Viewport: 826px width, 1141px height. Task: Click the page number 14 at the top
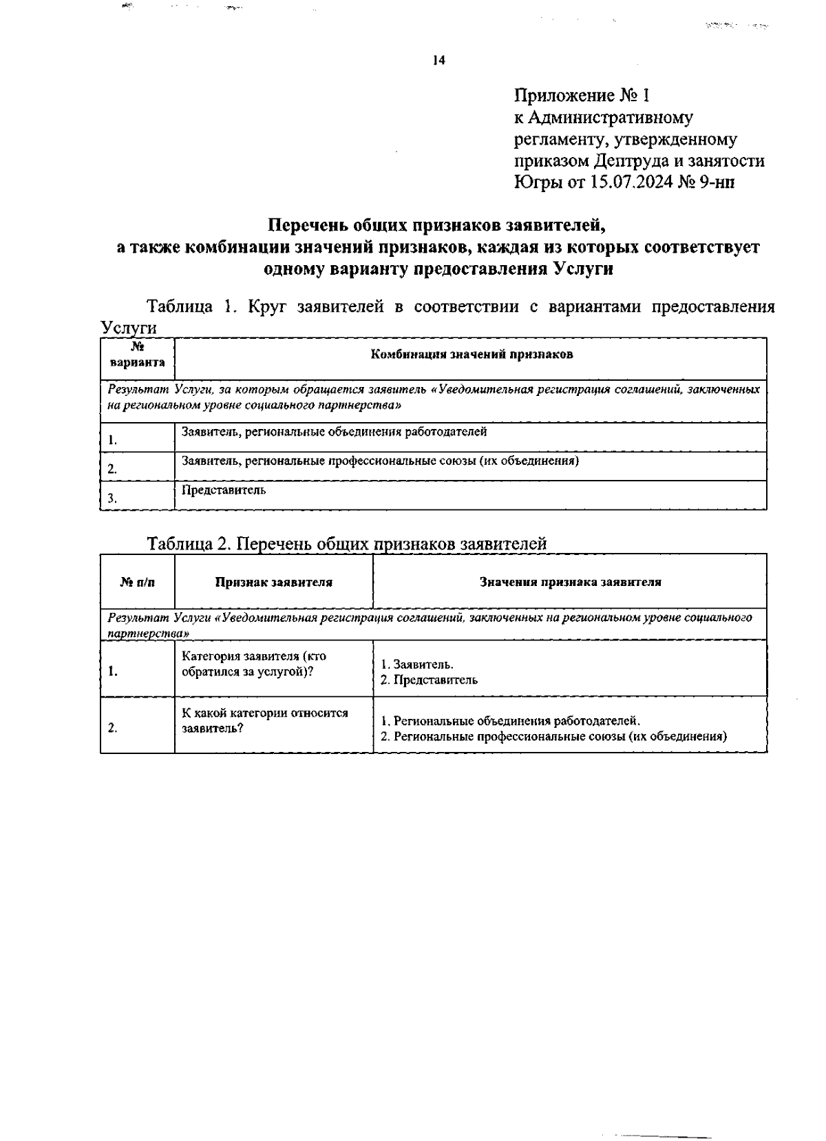coord(439,61)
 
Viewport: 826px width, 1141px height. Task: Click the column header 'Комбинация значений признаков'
coord(472,355)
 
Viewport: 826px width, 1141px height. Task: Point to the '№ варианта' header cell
coord(137,355)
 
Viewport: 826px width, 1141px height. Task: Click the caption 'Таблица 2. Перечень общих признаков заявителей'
coord(347,544)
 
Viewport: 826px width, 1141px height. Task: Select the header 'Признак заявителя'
coord(273,582)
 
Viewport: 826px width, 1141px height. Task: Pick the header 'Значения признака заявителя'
coord(570,582)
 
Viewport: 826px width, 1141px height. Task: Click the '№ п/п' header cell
coord(137,583)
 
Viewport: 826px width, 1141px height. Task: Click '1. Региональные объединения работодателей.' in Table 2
coord(510,721)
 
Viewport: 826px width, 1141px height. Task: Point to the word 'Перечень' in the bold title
coord(308,225)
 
